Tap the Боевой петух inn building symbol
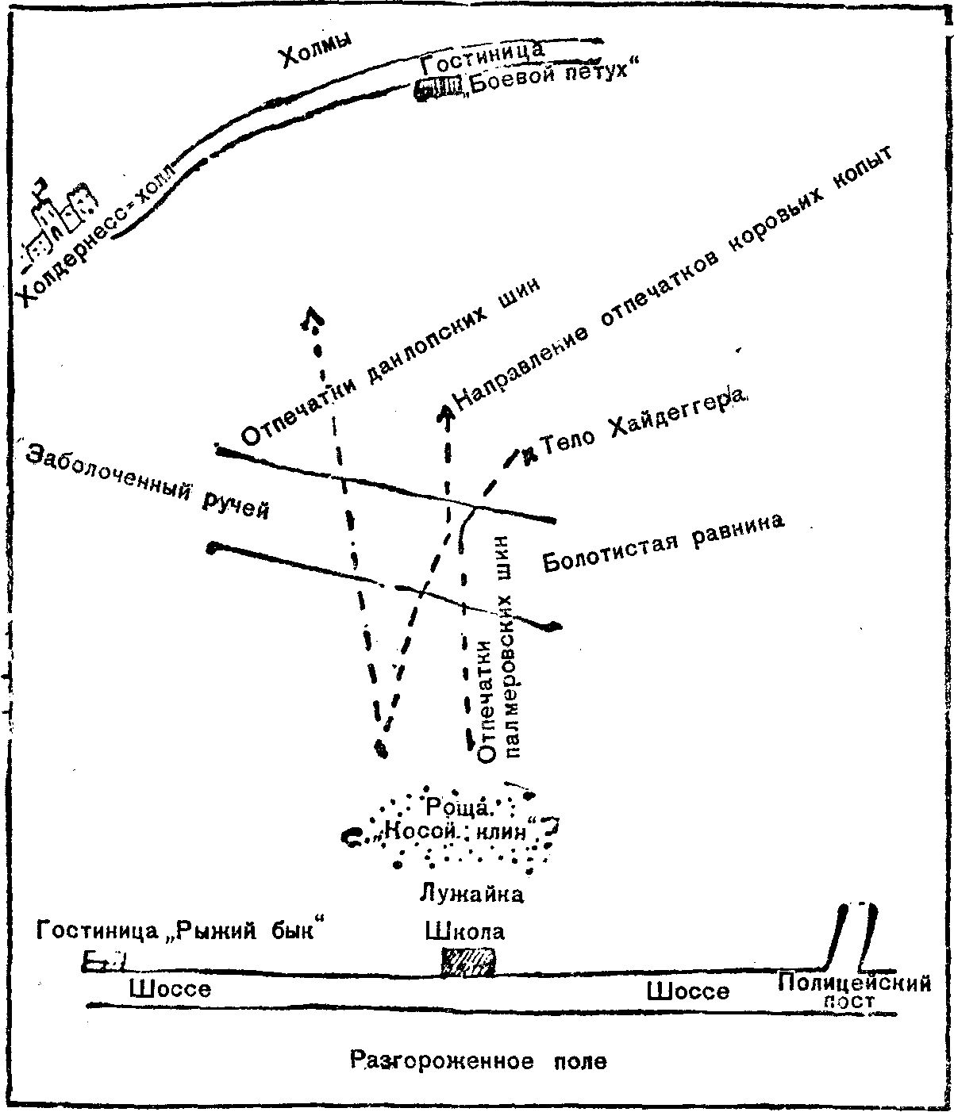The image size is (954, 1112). (439, 88)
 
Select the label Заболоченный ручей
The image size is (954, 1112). (148, 482)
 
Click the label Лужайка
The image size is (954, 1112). (471, 895)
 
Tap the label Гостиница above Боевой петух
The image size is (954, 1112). (483, 58)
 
